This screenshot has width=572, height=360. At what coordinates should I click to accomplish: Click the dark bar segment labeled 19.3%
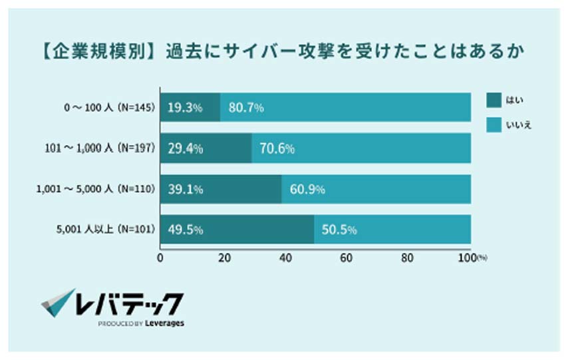pos(190,107)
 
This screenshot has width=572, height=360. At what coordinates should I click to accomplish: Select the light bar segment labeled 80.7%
pos(346,107)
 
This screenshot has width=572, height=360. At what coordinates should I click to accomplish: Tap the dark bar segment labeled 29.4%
pos(206,148)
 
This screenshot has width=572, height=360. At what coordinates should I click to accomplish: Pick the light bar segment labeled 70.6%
pos(362,148)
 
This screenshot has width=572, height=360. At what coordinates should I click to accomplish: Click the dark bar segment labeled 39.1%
pos(221,189)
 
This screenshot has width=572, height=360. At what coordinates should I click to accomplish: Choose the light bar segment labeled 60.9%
pos(376,189)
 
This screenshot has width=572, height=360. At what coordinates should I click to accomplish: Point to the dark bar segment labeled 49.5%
pos(237,230)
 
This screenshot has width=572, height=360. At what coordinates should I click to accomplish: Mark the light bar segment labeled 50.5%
pos(392,230)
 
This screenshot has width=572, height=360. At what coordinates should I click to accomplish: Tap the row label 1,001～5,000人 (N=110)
pos(95,190)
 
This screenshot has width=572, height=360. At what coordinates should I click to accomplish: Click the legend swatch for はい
pos(494,100)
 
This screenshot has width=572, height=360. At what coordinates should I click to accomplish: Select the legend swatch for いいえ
pos(494,124)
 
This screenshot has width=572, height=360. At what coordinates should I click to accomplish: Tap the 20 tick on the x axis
pos(222,259)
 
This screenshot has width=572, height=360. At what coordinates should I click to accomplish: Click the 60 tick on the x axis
pos(347,259)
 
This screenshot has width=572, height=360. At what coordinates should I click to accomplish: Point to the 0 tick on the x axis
pos(160,259)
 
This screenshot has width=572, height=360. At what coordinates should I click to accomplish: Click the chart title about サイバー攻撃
pos(279,51)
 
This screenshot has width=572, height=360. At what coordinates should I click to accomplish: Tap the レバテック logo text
pos(129,303)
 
